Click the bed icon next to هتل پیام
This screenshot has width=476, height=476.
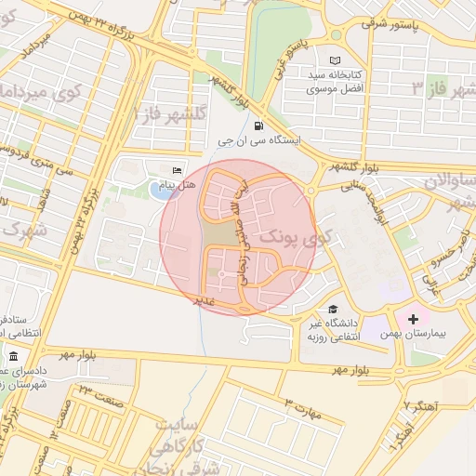click(178, 170)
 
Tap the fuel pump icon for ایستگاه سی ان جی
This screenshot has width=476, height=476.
click(257, 126)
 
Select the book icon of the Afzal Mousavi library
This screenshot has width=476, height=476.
click(335, 59)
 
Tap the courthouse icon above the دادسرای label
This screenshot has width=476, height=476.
click(13, 357)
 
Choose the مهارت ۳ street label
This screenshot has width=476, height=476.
click(302, 409)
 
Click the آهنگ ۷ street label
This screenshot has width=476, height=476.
click(419, 406)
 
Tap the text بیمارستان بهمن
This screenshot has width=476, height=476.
click(416, 333)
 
